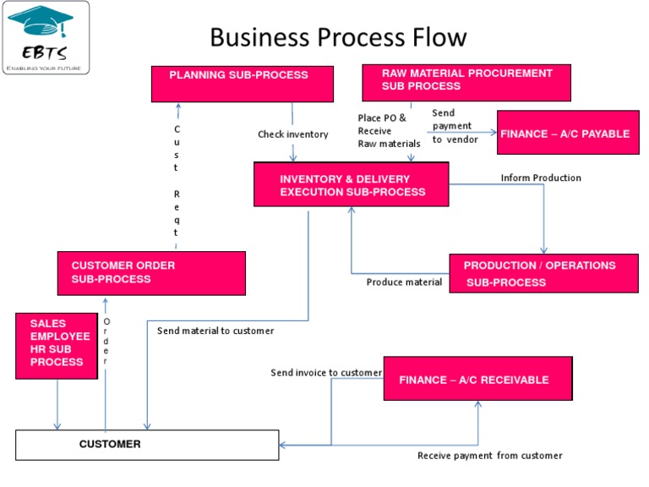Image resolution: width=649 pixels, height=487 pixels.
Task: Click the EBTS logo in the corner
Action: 46,37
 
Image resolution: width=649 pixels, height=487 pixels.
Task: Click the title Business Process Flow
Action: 338,37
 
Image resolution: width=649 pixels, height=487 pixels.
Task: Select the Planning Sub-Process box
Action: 238,82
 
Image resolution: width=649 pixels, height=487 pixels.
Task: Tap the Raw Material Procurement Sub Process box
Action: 466,82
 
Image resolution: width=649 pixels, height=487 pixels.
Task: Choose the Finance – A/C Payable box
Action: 568,133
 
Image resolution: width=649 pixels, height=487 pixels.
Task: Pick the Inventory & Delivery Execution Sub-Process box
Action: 351,184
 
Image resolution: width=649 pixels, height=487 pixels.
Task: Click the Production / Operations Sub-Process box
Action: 543,273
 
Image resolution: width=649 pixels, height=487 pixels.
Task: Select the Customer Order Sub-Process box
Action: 151,272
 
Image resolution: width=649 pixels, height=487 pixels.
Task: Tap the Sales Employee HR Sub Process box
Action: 57,344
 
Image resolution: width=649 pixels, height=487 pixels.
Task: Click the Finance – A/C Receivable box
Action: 477,379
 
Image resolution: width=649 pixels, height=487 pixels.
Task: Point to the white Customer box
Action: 147,445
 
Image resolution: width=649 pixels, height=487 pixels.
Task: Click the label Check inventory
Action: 293,134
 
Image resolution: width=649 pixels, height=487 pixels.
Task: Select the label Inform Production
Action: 541,178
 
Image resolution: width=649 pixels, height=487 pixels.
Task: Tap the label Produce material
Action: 404,282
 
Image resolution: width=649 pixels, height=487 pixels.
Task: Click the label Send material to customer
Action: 215,331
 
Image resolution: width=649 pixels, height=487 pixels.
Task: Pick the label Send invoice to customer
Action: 326,372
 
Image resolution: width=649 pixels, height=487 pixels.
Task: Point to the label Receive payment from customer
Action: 489,456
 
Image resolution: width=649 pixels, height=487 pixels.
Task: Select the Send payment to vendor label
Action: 455,126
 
